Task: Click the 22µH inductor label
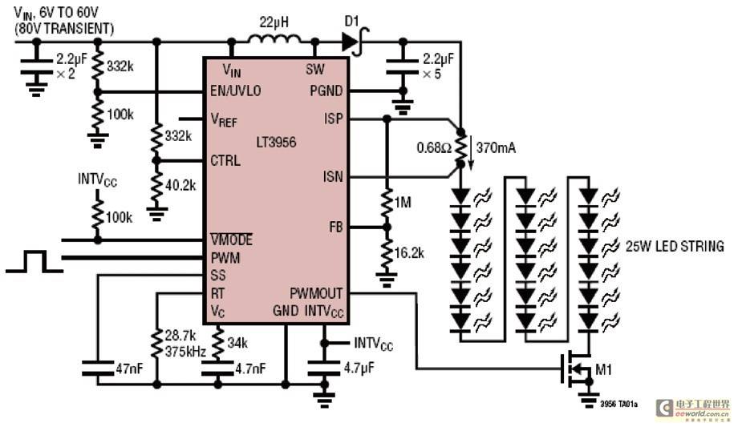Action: click(x=274, y=22)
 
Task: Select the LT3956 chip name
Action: click(x=276, y=142)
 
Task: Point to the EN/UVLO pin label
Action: click(x=236, y=91)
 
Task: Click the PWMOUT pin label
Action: click(x=316, y=293)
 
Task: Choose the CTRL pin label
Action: click(x=225, y=160)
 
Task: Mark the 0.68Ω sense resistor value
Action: click(x=435, y=147)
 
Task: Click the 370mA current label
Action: click(x=496, y=147)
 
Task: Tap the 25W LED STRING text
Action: click(x=675, y=246)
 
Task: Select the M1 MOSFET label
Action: click(x=603, y=369)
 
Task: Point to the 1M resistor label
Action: click(x=403, y=202)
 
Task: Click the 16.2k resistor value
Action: click(x=409, y=253)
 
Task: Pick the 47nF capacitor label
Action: click(x=129, y=369)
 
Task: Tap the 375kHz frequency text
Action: click(x=185, y=351)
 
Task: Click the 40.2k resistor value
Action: click(x=180, y=185)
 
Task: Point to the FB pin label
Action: click(x=336, y=228)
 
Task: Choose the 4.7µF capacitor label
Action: click(x=359, y=368)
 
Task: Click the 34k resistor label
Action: click(x=237, y=343)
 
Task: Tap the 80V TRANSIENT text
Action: click(x=64, y=29)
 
